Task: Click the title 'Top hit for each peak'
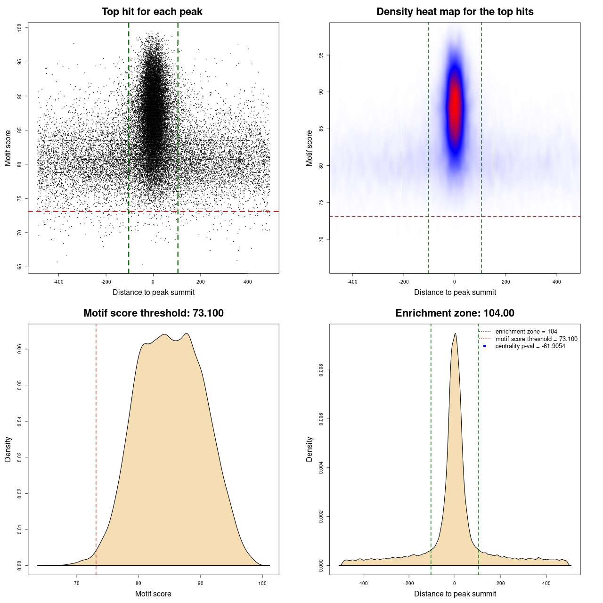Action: pyautogui.click(x=152, y=12)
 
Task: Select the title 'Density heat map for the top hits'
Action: pyautogui.click(x=455, y=12)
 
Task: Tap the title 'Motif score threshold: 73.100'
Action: pyautogui.click(x=153, y=313)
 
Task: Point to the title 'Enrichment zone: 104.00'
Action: pyautogui.click(x=455, y=313)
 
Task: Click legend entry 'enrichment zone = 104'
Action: pyautogui.click(x=526, y=332)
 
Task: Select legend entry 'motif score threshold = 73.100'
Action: pyautogui.click(x=536, y=339)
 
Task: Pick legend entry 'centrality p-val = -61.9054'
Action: pyautogui.click(x=530, y=346)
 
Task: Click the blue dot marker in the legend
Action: pyautogui.click(x=485, y=346)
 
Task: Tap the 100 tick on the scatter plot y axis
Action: pyautogui.click(x=20, y=28)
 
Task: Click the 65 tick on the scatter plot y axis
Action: pyautogui.click(x=20, y=267)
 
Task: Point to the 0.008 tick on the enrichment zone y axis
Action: pyautogui.click(x=321, y=370)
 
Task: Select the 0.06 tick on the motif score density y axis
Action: pyautogui.click(x=20, y=349)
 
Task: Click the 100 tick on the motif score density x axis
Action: pyautogui.click(x=262, y=583)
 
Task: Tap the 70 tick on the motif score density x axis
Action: pyautogui.click(x=77, y=583)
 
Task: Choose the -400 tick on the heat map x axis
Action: pyautogui.click(x=352, y=282)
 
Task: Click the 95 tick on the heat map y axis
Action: pyautogui.click(x=321, y=55)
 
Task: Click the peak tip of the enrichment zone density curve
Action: pyautogui.click(x=455, y=334)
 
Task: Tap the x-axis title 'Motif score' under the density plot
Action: pyautogui.click(x=153, y=594)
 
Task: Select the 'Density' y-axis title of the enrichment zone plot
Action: pyautogui.click(x=310, y=449)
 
